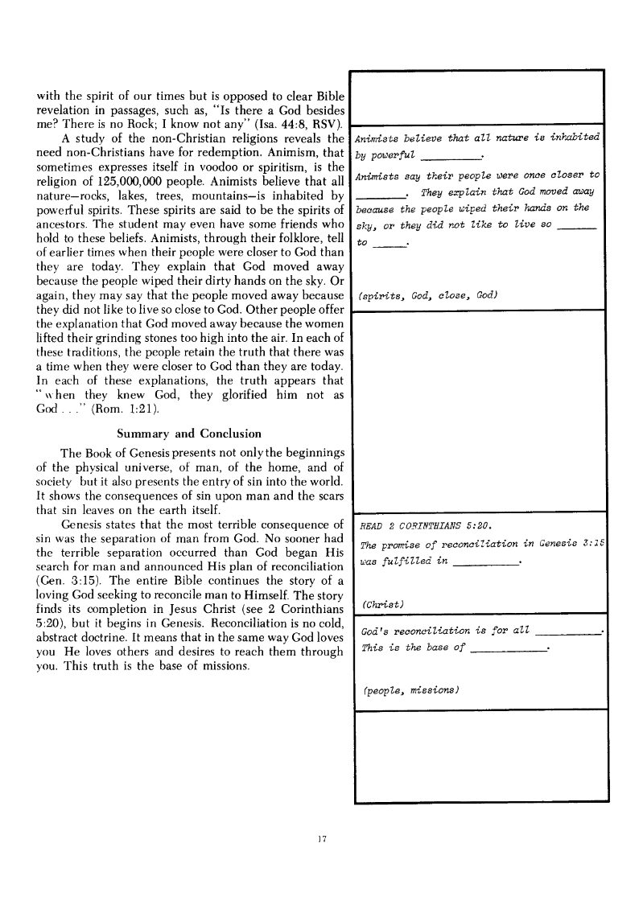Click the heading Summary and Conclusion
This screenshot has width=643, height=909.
tap(189, 434)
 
